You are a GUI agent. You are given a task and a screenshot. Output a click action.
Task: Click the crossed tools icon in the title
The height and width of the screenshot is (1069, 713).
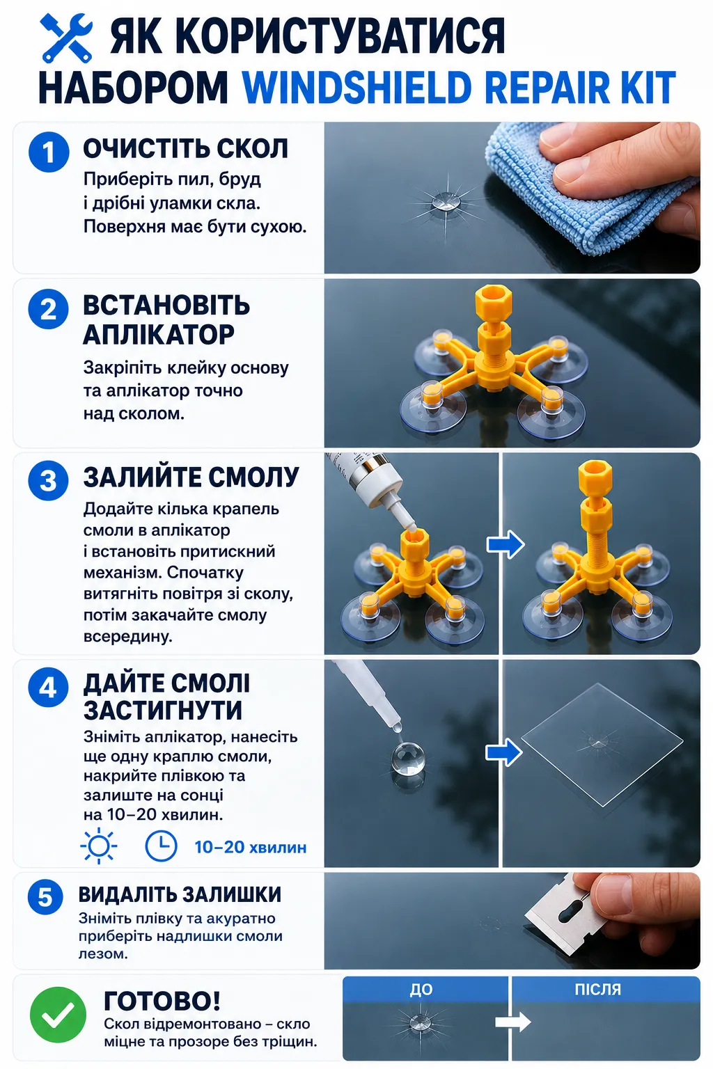click(x=66, y=38)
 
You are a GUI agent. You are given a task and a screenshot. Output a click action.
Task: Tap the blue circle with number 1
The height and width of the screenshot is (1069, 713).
click(x=49, y=152)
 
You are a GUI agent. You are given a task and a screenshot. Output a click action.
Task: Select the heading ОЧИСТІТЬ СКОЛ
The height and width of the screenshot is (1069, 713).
click(x=186, y=148)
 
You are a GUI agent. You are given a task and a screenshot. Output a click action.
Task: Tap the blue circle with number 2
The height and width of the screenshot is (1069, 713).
click(x=49, y=309)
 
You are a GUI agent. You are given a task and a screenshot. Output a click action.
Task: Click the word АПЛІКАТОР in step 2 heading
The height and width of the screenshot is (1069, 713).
click(x=159, y=335)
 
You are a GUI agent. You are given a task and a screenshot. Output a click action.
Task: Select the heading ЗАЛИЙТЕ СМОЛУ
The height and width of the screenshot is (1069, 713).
click(x=191, y=477)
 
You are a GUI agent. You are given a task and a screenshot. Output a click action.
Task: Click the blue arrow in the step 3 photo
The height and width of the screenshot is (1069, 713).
click(x=506, y=544)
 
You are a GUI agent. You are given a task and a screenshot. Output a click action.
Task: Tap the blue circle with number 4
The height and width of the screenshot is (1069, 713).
click(x=49, y=688)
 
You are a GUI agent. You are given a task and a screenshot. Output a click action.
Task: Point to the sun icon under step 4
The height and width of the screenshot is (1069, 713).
click(x=99, y=846)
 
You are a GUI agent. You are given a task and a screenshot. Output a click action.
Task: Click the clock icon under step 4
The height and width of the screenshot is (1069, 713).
click(x=161, y=846)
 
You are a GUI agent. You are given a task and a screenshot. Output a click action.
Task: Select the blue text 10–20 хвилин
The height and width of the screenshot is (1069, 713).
click(x=251, y=847)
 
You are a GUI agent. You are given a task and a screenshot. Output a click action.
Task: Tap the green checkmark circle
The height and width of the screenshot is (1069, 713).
click(x=58, y=1015)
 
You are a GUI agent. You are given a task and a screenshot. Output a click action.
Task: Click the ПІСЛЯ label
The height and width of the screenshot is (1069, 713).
click(x=598, y=989)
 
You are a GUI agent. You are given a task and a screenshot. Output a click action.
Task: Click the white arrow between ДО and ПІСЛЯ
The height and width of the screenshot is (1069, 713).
click(x=513, y=1022)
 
